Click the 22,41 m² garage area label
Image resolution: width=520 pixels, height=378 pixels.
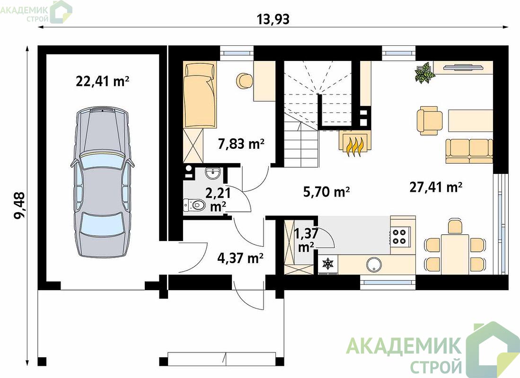103,80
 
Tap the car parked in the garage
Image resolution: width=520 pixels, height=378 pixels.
103,182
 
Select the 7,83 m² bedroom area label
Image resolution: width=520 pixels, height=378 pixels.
241,144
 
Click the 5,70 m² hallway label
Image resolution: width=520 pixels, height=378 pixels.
326,191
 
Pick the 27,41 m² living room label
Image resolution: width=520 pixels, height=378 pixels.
436,187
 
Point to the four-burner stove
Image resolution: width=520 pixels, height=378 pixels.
400,236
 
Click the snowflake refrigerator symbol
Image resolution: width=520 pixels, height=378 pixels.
327,264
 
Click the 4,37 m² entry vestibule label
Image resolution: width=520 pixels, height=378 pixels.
240,258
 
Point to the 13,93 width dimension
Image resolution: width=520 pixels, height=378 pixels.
273,19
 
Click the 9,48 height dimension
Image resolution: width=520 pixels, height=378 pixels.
19,206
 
